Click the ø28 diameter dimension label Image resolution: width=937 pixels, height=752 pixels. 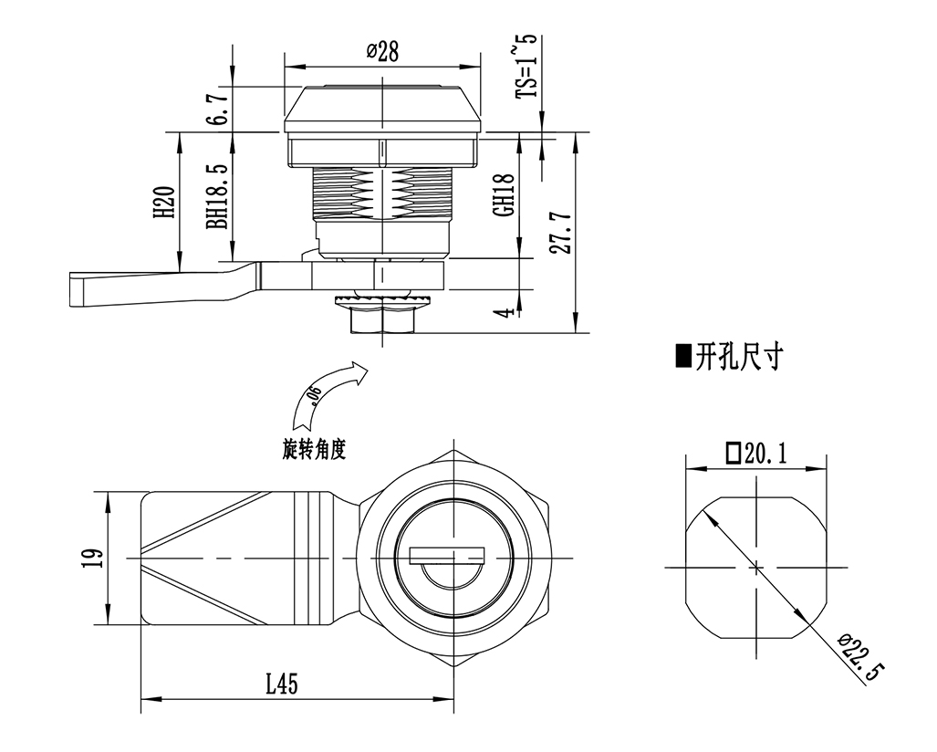pyautogui.click(x=383, y=52)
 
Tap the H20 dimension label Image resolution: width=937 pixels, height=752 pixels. pyautogui.click(x=164, y=202)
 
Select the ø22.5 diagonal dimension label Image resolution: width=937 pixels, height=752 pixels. pyautogui.click(x=860, y=660)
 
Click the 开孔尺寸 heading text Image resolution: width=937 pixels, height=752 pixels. pyautogui.click(x=738, y=356)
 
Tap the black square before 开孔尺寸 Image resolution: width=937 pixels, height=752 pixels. pyautogui.click(x=682, y=356)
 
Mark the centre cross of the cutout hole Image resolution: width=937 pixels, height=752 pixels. pyautogui.click(x=756, y=569)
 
